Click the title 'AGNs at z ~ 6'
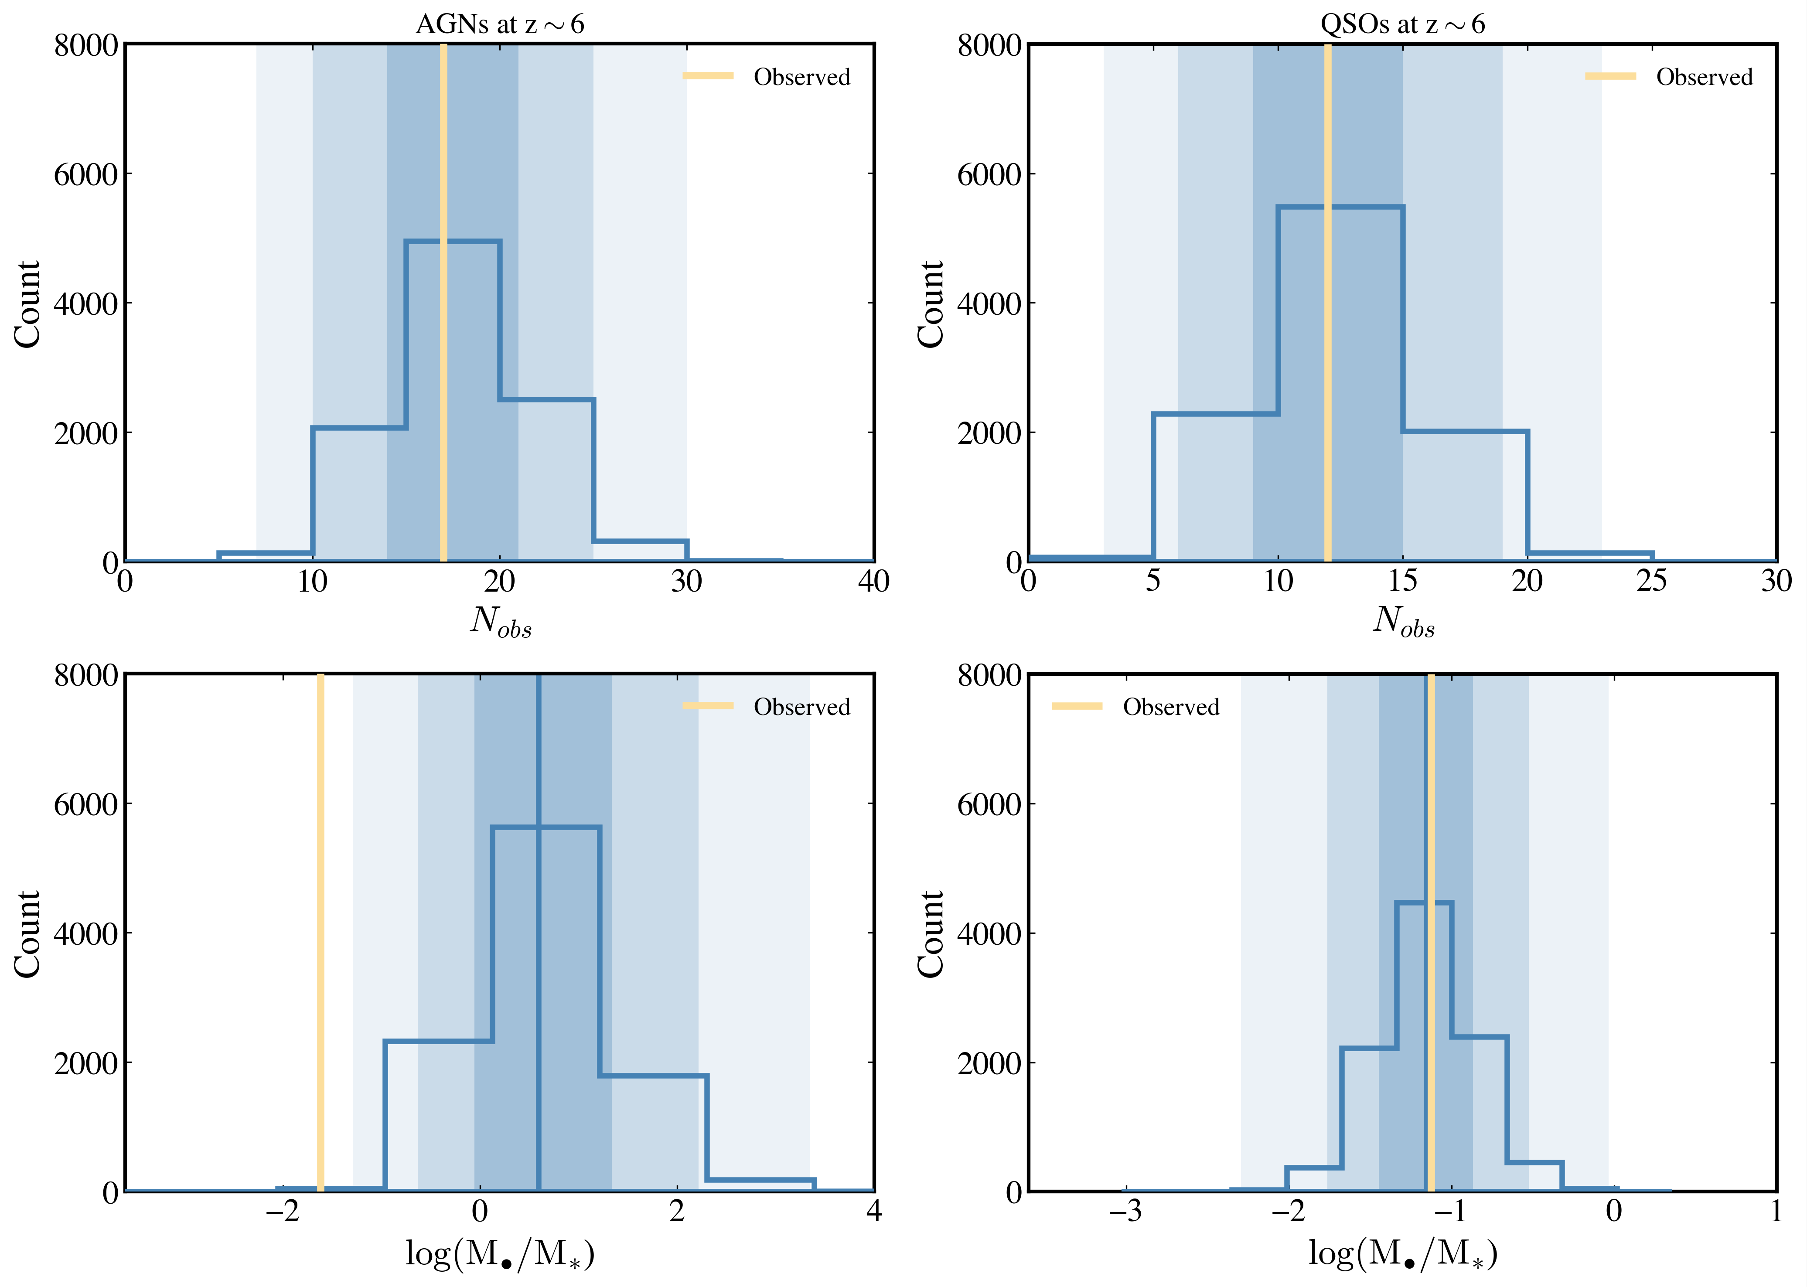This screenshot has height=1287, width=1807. pyautogui.click(x=500, y=24)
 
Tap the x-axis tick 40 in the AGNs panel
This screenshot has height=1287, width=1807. pyautogui.click(x=873, y=582)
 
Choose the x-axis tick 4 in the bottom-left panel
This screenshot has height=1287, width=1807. pyautogui.click(x=873, y=1212)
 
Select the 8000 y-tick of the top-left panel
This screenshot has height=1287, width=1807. pyautogui.click(x=85, y=46)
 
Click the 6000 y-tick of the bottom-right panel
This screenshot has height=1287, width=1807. pyautogui.click(x=989, y=804)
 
